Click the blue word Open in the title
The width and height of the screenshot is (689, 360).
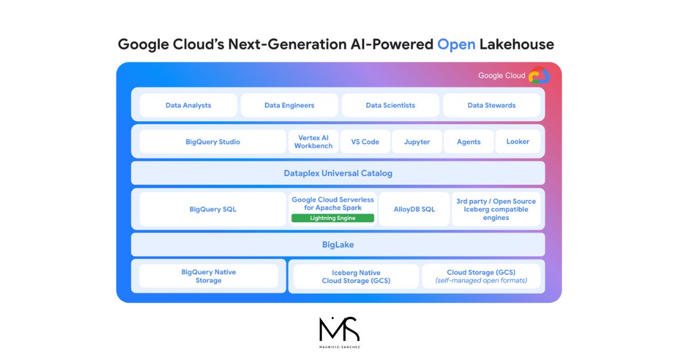click(x=456, y=44)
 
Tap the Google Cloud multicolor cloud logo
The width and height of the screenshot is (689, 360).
click(x=539, y=75)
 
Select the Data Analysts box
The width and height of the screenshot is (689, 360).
click(x=188, y=105)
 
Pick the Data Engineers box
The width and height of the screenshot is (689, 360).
click(x=289, y=105)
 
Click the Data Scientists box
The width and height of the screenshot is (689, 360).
click(x=390, y=105)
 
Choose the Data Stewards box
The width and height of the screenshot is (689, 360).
click(x=491, y=105)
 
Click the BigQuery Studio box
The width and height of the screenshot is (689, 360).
click(x=213, y=142)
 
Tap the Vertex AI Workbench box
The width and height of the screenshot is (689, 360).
click(x=313, y=142)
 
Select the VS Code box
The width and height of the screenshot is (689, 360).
click(x=365, y=142)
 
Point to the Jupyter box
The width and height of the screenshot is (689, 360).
click(x=417, y=142)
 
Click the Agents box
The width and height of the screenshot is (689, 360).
click(x=469, y=142)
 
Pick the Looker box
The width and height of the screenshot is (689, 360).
click(x=518, y=142)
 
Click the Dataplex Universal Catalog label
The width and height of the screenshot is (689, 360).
click(x=338, y=173)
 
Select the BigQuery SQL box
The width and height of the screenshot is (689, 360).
click(x=213, y=209)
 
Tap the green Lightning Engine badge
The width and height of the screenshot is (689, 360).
click(x=333, y=218)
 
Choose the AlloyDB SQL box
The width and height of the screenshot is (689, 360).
click(x=415, y=209)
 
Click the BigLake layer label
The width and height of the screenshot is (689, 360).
click(x=338, y=245)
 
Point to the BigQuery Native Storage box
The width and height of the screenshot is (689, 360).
click(x=208, y=276)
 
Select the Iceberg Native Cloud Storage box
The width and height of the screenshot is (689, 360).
click(x=356, y=277)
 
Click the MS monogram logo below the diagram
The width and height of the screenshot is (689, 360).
click(x=339, y=332)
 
